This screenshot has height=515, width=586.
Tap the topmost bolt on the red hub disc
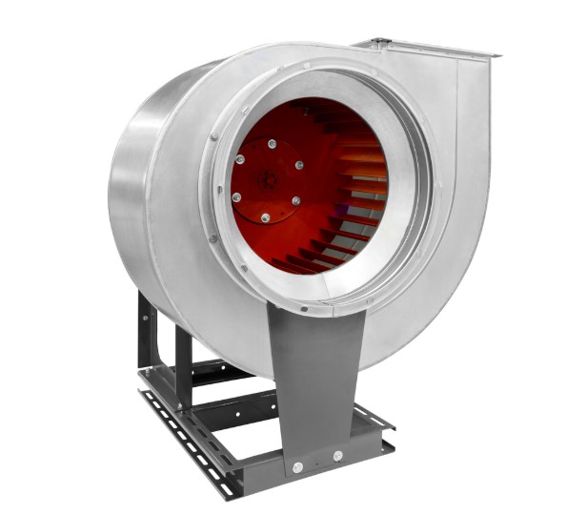[x=273, y=144]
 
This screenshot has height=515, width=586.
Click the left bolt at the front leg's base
[x=297, y=467]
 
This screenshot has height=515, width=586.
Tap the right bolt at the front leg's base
[x=337, y=456]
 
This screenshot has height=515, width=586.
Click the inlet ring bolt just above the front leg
[x=303, y=309]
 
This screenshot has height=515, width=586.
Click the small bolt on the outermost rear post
[x=145, y=315]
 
